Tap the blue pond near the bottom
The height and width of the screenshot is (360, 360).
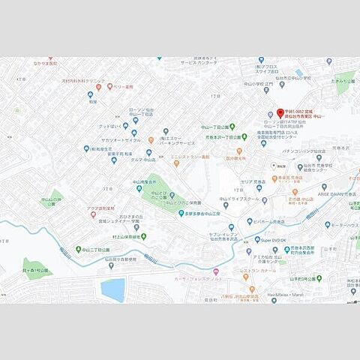(x=113, y=289)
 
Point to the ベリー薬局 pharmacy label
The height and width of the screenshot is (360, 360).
(x=123, y=87)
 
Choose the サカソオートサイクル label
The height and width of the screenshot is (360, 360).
(x=122, y=140)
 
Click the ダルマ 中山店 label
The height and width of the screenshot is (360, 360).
(x=142, y=160)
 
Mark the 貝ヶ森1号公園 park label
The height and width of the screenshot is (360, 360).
(x=34, y=268)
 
